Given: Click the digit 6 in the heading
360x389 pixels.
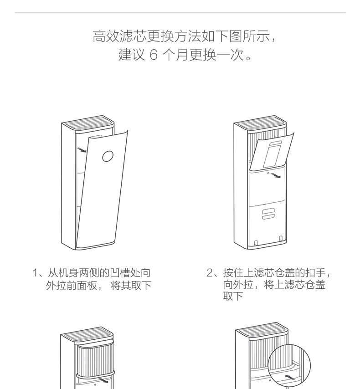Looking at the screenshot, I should tap(153, 56).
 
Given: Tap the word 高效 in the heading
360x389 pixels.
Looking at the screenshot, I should tap(104, 36).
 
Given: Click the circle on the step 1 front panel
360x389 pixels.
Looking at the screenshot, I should tap(108, 156).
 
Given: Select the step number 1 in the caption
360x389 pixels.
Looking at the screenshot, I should tap(35, 273).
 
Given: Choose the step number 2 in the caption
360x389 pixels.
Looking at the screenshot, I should tap(210, 273).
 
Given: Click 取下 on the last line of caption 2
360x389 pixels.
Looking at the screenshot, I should tap(233, 297).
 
